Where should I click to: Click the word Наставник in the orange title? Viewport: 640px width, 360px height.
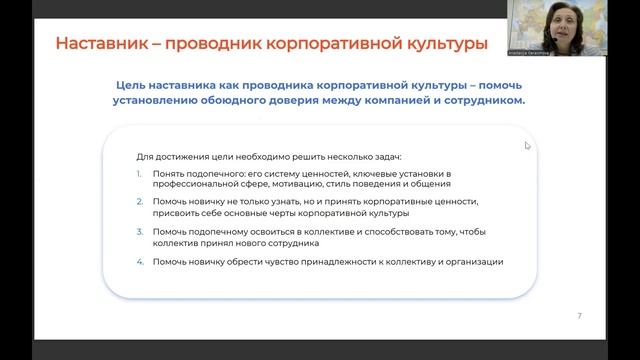coord(105,45)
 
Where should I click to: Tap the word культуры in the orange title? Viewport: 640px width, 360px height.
coord(436,45)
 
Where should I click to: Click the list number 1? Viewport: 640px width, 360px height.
coord(140,174)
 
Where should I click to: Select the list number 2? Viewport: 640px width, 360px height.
coord(140,202)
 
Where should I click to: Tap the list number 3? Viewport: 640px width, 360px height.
coord(140,232)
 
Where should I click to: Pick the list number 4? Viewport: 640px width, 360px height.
coord(140,262)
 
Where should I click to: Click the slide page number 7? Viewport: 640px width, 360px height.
coord(580,316)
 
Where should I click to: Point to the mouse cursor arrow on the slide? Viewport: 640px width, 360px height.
coord(527,145)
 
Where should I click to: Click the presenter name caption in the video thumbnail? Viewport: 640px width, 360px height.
coord(547,46)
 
